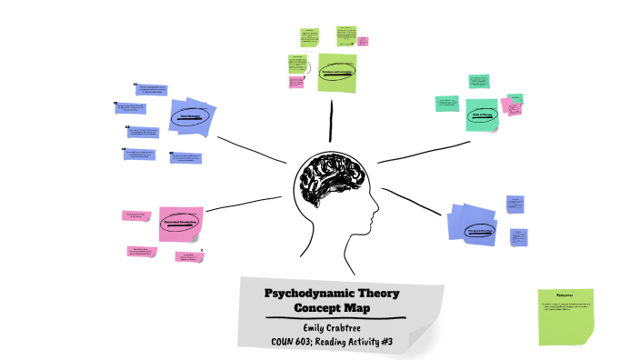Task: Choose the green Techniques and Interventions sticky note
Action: (x=337, y=72)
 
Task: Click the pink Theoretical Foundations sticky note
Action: (x=180, y=223)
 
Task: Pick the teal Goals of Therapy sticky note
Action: (x=482, y=115)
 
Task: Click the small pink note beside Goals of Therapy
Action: (x=514, y=106)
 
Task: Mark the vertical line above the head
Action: (x=332, y=121)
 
